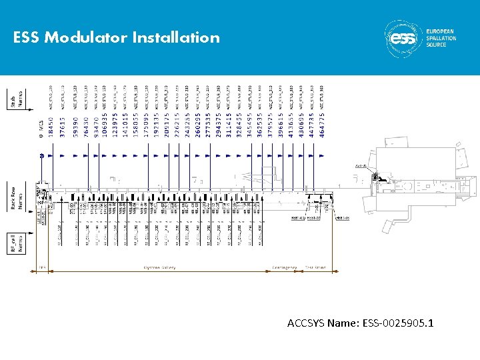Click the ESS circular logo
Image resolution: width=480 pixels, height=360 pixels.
[x=403, y=38]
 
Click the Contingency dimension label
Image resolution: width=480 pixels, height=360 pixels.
[x=285, y=268]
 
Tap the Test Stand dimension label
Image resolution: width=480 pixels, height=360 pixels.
[x=315, y=268]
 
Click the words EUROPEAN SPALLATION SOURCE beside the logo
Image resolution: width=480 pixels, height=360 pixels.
[x=441, y=38]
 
